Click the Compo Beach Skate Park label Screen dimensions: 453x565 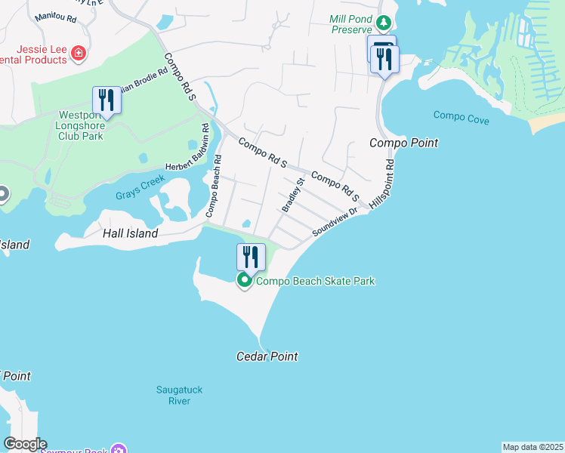pos(316,281)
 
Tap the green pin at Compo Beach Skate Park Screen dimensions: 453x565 pos(245,281)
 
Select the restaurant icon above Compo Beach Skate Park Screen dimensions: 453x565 pos(251,257)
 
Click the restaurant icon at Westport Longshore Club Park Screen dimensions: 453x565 pos(106,100)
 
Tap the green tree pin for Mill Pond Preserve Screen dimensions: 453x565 pos(384,23)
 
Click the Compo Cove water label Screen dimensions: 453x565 pos(461,117)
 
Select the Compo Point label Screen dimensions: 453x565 pos(403,143)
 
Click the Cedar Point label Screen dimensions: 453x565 pos(267,356)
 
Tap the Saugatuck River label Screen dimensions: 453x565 pos(179,395)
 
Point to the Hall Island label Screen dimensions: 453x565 pos(130,233)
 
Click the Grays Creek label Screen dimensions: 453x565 pos(136,195)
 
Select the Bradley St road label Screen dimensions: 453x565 pos(292,195)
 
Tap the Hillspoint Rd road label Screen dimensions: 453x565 pos(381,184)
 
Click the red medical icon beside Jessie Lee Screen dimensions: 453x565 pos(79,52)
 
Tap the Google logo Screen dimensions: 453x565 pos(24,444)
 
